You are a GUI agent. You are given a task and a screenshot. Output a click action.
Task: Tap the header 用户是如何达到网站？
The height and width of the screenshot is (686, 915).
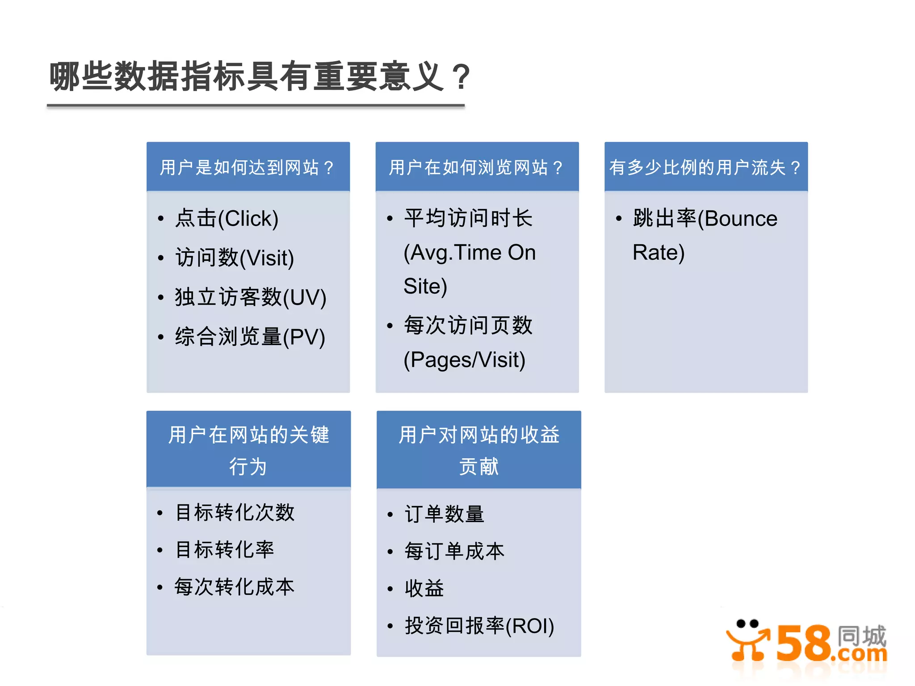(248, 167)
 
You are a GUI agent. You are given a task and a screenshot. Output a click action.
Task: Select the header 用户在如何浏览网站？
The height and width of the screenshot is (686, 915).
(476, 167)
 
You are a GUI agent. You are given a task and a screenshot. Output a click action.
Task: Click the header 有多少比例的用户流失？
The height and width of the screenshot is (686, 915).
(705, 167)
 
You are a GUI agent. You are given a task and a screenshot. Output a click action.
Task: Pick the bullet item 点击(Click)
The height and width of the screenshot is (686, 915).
(227, 219)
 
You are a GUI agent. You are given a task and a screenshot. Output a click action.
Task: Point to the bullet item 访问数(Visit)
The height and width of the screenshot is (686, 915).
(235, 258)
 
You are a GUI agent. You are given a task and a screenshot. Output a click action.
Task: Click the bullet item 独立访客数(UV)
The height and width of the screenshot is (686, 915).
(250, 297)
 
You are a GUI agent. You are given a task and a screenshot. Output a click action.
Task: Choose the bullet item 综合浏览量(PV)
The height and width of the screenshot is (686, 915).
(250, 337)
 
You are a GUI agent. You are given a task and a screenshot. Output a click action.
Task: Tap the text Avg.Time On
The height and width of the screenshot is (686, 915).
(470, 253)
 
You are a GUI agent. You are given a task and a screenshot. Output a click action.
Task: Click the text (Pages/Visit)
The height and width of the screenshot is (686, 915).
(465, 360)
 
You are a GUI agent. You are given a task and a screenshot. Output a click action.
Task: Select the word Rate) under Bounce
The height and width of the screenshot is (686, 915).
(659, 253)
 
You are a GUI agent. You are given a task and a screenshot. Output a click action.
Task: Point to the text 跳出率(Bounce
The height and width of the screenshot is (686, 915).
(705, 219)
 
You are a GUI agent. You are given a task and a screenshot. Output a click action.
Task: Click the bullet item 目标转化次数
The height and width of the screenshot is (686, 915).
(235, 512)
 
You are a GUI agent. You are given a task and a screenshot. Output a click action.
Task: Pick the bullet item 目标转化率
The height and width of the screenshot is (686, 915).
(224, 549)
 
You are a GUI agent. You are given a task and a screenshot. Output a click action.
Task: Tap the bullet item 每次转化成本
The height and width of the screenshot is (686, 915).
(235, 587)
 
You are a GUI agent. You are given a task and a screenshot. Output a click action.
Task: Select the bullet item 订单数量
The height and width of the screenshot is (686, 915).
(444, 514)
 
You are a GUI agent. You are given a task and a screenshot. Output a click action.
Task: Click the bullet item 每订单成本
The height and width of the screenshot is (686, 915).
(454, 551)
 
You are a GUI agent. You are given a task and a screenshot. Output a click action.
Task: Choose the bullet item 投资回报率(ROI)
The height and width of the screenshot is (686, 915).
(479, 626)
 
